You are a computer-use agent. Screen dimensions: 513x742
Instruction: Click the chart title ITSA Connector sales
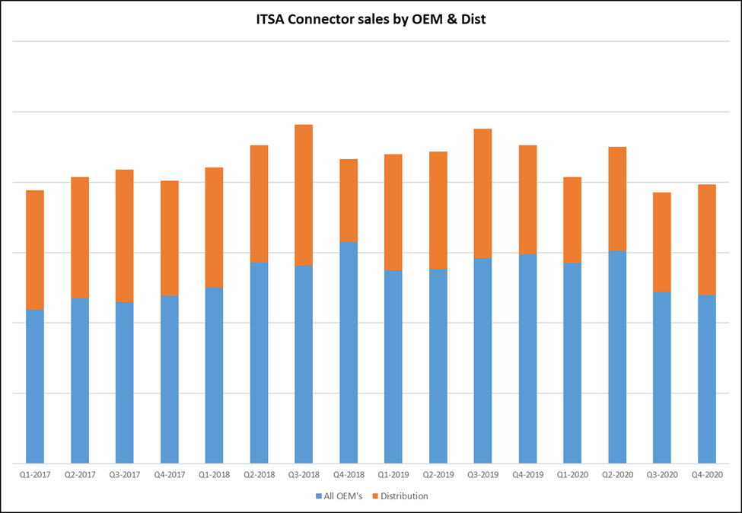click(371, 19)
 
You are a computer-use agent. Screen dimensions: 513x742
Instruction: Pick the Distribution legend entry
click(404, 496)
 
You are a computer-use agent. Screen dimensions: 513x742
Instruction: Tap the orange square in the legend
click(374, 496)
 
